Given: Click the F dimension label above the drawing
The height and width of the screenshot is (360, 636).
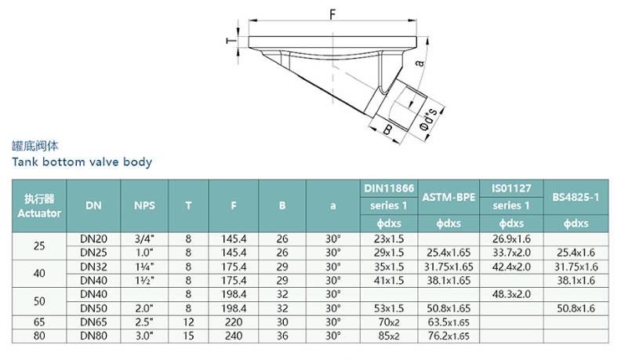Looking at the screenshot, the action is coord(333,15).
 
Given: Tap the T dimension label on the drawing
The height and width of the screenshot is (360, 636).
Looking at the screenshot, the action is coord(231,41).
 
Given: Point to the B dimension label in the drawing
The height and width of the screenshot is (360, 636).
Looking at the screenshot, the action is coord(387,129).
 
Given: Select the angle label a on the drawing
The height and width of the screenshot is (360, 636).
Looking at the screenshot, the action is coord(420,63).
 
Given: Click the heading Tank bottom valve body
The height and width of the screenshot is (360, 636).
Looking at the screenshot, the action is coord(82,162).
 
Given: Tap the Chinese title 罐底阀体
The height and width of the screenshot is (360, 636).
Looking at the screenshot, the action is coord(35,146).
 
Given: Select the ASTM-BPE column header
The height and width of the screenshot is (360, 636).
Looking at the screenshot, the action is coord(449,197).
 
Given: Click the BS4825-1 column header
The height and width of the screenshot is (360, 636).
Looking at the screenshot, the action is coord(576,197).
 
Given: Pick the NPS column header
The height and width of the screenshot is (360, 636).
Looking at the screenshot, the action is coord(144,205).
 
